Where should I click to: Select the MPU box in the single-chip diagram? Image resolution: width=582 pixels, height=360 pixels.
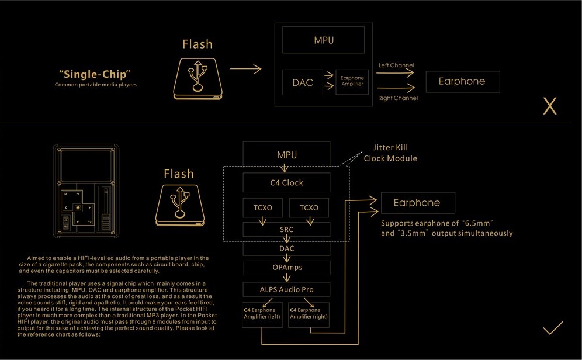(x=324, y=40)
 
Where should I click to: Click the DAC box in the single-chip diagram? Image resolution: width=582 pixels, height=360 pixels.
(x=303, y=82)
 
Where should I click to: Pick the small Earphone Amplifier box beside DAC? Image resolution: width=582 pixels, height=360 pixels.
(x=352, y=81)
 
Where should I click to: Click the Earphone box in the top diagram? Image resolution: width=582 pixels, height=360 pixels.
(x=462, y=81)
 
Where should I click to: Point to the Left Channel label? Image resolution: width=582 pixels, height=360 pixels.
(x=396, y=65)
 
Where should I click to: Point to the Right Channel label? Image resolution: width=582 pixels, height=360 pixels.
(x=398, y=98)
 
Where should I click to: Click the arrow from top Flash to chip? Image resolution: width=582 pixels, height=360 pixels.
(x=245, y=70)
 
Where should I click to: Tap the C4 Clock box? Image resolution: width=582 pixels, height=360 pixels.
(x=287, y=183)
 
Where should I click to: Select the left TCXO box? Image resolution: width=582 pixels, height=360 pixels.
(x=262, y=207)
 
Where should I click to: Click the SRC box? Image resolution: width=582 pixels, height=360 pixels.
(x=286, y=230)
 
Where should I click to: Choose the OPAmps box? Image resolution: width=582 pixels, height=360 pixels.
(x=286, y=268)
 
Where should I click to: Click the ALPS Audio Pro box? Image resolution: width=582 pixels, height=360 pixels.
(x=286, y=289)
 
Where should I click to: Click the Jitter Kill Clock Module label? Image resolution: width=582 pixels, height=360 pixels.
(x=390, y=153)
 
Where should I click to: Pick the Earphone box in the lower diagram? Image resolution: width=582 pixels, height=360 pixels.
(x=417, y=203)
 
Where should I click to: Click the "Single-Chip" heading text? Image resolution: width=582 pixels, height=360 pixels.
(x=94, y=74)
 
